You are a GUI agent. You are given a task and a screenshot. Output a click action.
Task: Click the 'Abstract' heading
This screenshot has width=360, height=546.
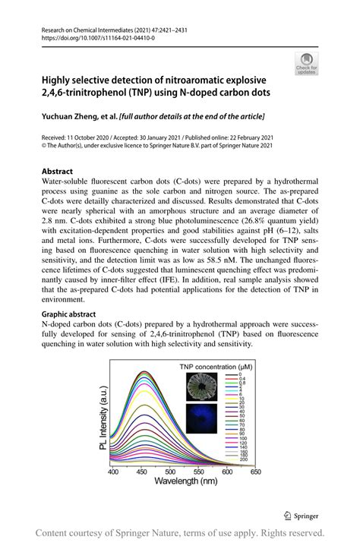57,172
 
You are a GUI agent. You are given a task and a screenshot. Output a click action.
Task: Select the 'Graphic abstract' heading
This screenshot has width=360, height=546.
70,312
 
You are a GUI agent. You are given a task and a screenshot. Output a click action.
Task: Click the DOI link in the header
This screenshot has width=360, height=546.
93,36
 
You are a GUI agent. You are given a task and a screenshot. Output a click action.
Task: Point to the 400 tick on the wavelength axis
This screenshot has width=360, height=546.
113,472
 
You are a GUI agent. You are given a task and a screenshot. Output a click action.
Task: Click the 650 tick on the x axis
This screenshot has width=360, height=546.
255,472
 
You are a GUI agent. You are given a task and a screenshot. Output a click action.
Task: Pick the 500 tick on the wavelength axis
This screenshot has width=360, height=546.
170,472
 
